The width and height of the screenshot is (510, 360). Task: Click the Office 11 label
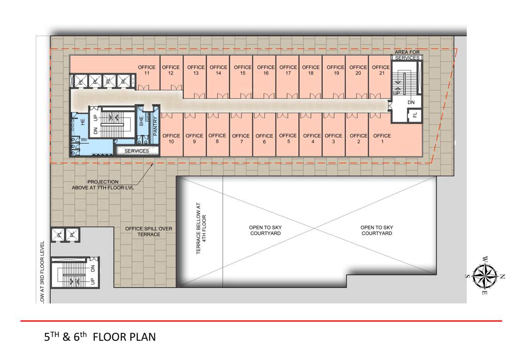tap(146, 70)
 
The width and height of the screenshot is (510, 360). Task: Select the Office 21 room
tap(381, 75)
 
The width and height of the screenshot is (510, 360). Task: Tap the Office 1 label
tap(382, 139)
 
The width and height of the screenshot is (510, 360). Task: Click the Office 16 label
tap(266, 70)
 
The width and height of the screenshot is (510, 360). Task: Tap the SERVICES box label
tap(137, 151)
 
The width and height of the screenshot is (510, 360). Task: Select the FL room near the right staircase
tap(415, 114)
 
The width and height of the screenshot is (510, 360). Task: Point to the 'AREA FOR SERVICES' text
tap(407, 54)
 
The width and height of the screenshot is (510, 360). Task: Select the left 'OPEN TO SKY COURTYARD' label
tap(265, 230)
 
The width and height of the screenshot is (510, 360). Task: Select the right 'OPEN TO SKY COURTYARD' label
tap(377, 230)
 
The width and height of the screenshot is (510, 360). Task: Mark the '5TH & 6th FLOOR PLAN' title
tap(99, 337)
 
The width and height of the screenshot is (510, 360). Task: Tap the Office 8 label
tap(217, 139)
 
